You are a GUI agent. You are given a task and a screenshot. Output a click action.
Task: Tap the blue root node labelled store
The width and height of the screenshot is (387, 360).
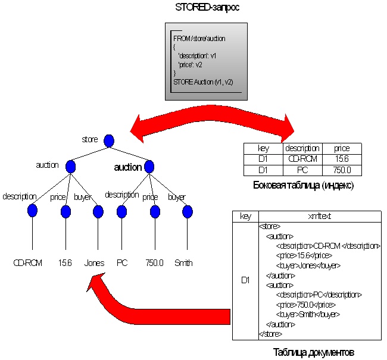pos(108,141)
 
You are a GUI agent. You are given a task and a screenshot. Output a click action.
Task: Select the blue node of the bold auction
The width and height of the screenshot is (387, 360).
pos(149,167)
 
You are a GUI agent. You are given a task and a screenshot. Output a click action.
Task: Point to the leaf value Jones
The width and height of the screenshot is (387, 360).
pos(94,262)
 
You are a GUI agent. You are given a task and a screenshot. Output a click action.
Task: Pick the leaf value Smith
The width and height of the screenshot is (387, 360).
pos(183,262)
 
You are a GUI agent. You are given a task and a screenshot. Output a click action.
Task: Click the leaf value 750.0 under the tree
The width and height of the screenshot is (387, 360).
pos(154,262)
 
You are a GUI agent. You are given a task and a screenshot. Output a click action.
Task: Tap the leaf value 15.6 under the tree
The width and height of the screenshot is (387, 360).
pos(65,262)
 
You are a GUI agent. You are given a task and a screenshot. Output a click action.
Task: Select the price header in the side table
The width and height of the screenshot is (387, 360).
pos(342,149)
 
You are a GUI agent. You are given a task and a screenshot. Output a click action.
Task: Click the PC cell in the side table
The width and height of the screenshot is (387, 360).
pos(302,170)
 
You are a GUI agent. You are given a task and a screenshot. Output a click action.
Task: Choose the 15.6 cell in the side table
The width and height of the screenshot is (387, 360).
pos(342,159)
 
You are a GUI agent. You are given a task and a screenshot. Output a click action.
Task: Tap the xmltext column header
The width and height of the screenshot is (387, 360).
pos(319,217)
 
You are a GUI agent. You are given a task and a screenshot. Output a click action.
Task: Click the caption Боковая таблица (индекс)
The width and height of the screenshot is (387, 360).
pos(304,186)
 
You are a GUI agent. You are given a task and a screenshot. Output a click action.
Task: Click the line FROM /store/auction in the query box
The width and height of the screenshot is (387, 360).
pos(199,38)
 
